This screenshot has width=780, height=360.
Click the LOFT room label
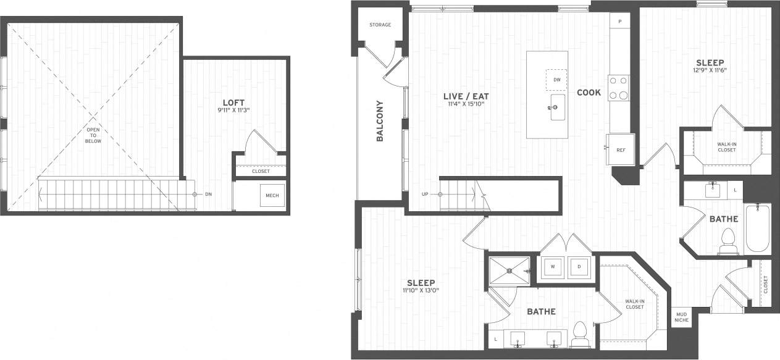tap(237, 103)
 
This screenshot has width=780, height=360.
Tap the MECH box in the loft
tap(272, 196)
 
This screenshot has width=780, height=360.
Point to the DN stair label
tap(208, 195)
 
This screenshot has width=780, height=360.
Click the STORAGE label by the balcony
tap(380, 25)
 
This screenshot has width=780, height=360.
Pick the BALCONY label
tap(380, 121)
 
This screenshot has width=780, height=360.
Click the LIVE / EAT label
tap(466, 96)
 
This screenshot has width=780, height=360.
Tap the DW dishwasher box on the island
tap(556, 80)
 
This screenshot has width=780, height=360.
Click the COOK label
tap(589, 93)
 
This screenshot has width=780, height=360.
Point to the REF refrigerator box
tap(621, 150)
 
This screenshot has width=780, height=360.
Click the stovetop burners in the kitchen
tap(619, 87)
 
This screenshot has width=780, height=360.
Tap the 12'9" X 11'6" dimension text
tap(710, 70)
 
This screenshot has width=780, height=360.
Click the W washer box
tap(553, 267)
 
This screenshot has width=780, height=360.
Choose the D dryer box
tap(579, 267)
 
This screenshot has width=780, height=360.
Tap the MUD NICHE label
tap(681, 317)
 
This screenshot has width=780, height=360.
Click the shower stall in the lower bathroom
tap(510, 270)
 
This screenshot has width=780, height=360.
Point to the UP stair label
tap(425, 195)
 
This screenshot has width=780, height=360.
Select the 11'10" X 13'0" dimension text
tap(421, 290)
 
